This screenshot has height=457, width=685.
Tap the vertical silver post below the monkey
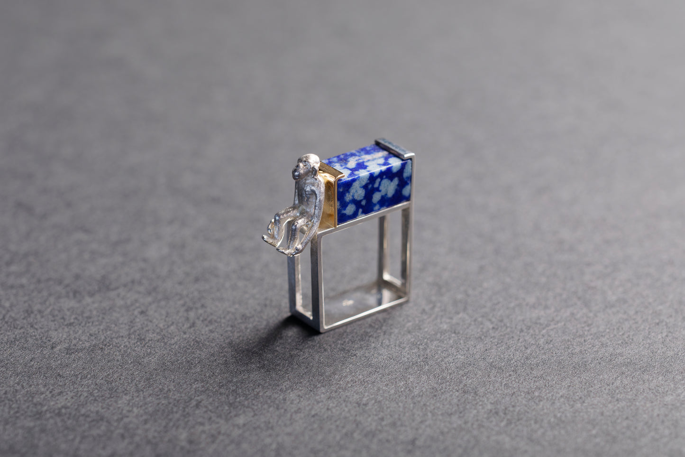[292, 285]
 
